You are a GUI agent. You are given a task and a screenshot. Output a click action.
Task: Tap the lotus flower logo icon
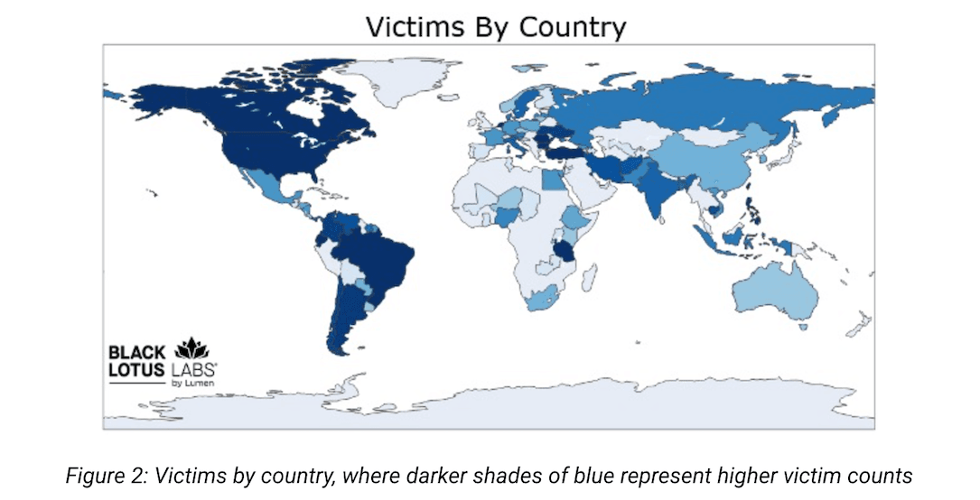click(x=191, y=348)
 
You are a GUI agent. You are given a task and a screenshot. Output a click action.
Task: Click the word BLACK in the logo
click(x=135, y=352)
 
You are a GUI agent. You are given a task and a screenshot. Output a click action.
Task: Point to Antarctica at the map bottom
click(x=542, y=405)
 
